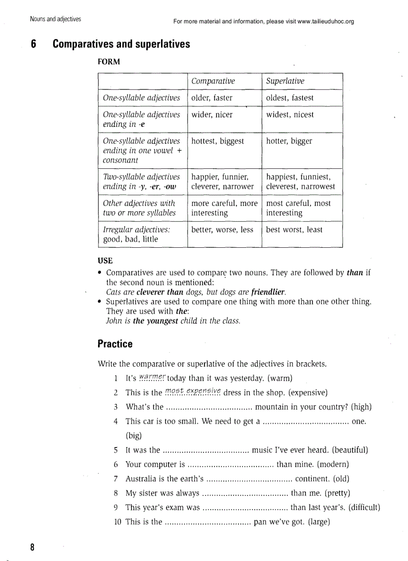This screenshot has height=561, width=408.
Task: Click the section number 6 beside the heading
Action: pos(33,44)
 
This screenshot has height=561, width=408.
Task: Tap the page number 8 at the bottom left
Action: pos(32,547)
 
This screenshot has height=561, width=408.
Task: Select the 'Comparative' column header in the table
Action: pos(213,81)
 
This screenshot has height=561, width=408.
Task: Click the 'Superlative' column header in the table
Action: pos(285,81)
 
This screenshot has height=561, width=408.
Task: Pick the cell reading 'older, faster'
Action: pos(212,98)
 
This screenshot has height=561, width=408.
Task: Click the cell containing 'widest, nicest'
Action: pos(290,114)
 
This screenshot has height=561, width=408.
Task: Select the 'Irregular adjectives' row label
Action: pos(136,230)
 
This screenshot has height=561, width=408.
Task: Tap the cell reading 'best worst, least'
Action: pos(294,230)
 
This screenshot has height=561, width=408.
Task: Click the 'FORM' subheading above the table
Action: pos(109,62)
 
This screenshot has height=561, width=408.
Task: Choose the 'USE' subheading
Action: pos(105,261)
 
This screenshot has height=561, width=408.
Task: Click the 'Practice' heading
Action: pos(115,344)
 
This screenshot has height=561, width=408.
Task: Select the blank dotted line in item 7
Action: pos(249,479)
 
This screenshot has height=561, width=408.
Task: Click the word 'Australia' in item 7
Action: pos(141,479)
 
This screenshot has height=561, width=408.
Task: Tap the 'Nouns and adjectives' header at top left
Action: pos(55,19)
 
